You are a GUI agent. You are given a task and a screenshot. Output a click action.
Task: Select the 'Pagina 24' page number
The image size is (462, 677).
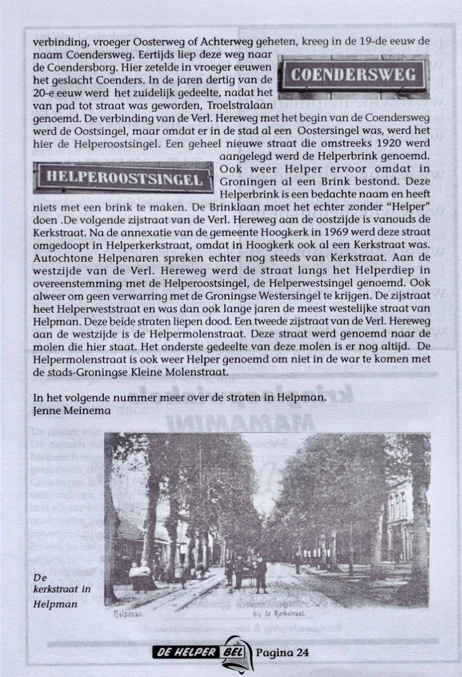pyautogui.click(x=283, y=653)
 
